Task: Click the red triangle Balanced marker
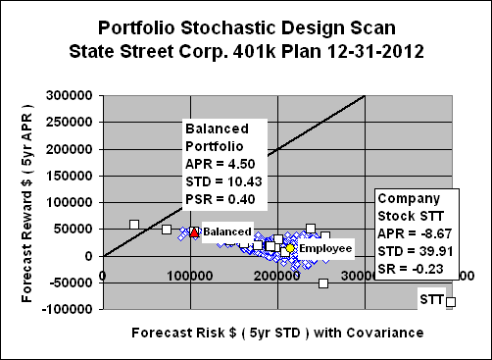click(194, 232)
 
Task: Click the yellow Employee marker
click(291, 248)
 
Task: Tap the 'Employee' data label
click(324, 249)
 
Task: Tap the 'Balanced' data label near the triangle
click(226, 231)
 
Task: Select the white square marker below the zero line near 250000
click(323, 283)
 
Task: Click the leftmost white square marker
click(134, 225)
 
